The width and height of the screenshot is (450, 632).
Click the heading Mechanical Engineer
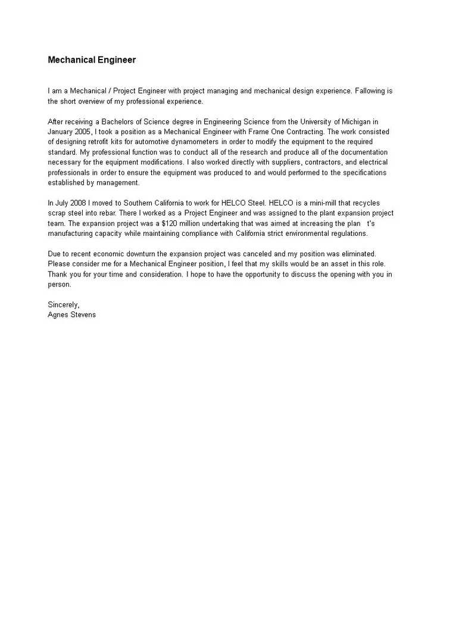point(92,60)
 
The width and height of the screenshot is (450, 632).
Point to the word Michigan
point(356,122)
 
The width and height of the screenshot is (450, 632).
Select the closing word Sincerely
point(63,304)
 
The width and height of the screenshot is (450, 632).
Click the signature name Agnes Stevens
point(71,315)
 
